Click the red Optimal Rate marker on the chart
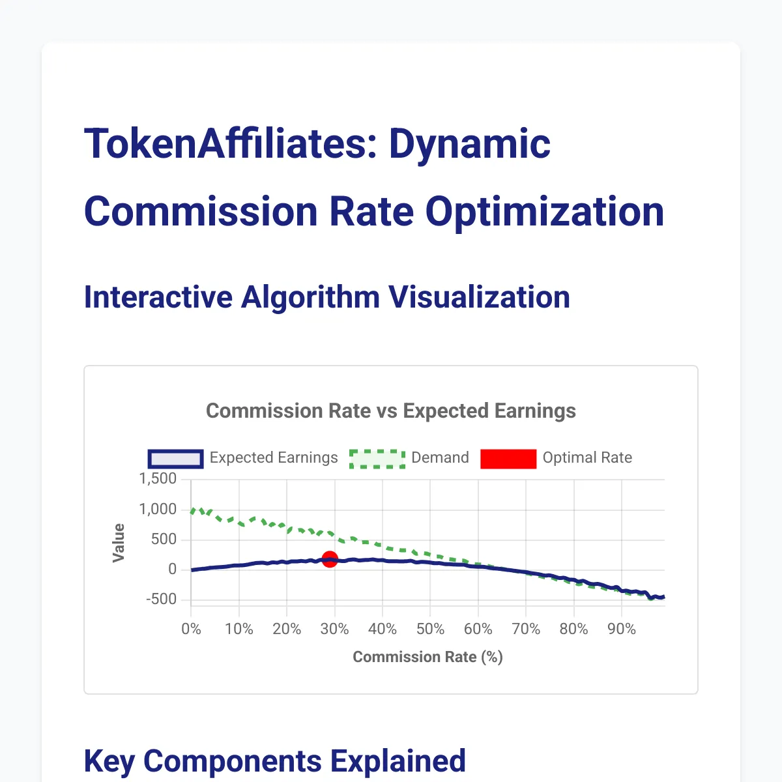point(330,559)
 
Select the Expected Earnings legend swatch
point(176,458)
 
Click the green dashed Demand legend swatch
point(377,458)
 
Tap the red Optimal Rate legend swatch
point(508,458)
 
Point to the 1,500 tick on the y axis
point(158,479)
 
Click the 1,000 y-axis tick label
point(158,509)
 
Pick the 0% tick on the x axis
point(191,629)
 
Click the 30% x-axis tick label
point(334,629)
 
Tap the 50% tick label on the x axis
point(430,629)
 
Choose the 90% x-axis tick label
point(622,629)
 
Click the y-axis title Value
point(119,542)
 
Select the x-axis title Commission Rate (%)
point(427,657)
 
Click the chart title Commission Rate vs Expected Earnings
point(391,411)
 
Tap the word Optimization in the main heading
point(545,212)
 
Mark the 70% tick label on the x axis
point(526,629)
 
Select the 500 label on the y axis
point(164,539)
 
